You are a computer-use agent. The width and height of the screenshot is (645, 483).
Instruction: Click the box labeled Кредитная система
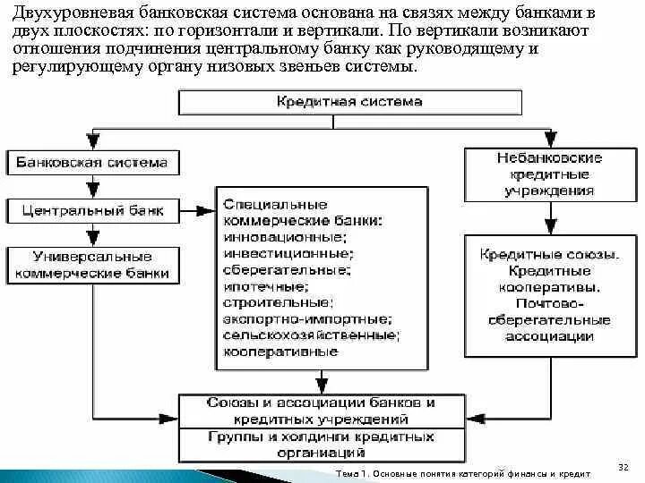click(349, 102)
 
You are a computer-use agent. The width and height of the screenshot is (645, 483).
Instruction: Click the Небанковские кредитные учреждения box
click(549, 174)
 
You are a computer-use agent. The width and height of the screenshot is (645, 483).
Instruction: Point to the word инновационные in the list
click(283, 238)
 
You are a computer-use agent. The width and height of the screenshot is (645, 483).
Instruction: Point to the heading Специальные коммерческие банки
click(301, 213)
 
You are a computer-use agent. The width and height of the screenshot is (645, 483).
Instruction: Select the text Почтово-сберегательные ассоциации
click(548, 320)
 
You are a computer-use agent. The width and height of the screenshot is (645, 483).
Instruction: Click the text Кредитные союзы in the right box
click(548, 255)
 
